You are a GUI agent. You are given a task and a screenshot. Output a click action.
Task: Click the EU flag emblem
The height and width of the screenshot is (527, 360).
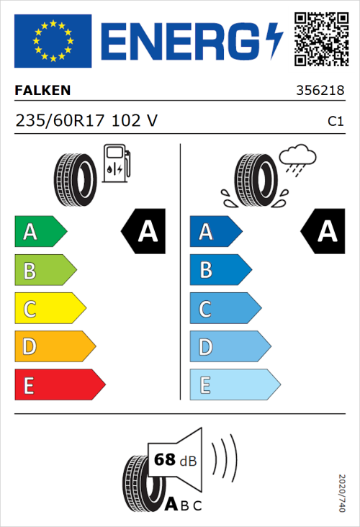53,40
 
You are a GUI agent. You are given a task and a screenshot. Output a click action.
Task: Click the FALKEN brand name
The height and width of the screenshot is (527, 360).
42,91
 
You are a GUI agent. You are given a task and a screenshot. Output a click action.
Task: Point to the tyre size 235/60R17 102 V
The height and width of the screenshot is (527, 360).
86,122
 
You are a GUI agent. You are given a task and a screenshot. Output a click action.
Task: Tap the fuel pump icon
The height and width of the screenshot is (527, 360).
116,163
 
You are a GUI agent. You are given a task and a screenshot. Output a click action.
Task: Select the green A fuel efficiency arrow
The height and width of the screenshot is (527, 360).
40,232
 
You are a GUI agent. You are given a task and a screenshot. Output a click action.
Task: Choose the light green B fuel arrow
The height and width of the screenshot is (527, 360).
45,271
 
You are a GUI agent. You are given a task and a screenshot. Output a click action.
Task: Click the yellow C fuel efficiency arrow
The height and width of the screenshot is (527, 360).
49,310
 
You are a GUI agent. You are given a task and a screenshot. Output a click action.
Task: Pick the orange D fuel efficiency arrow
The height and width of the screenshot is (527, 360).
54,348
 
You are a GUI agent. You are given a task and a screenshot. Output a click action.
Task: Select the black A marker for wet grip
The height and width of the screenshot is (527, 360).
323,232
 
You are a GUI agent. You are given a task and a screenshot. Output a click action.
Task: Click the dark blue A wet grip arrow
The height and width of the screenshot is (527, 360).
216,232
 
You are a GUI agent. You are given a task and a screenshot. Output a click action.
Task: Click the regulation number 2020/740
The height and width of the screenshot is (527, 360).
341,493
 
